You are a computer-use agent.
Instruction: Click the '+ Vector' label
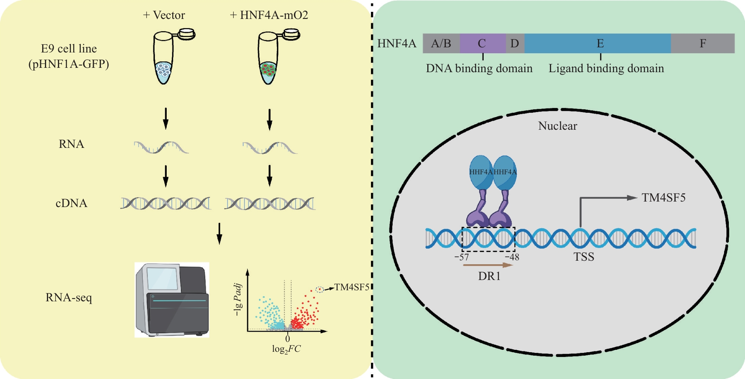click(164, 15)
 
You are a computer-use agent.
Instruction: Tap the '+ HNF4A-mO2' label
click(269, 15)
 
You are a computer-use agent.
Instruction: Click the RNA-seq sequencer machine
click(172, 300)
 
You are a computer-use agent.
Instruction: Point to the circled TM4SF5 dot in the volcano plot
click(320, 289)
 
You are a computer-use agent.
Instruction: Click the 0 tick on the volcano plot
click(288, 338)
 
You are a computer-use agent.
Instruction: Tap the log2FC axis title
click(286, 349)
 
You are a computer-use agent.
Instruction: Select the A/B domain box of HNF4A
click(441, 43)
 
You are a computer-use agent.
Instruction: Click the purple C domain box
click(483, 43)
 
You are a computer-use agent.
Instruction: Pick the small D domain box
click(515, 43)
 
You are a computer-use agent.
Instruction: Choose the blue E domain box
click(598, 43)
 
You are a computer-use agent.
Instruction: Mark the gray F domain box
click(703, 43)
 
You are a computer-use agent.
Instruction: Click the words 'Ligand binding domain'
click(606, 69)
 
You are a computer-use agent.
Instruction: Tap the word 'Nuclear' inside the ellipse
click(558, 126)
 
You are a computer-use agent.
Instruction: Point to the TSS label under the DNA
click(584, 257)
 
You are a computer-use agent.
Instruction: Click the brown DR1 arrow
click(488, 265)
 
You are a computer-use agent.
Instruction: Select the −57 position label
click(462, 258)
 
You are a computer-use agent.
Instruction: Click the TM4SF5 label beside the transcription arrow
click(664, 198)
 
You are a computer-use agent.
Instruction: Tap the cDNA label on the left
click(71, 203)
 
